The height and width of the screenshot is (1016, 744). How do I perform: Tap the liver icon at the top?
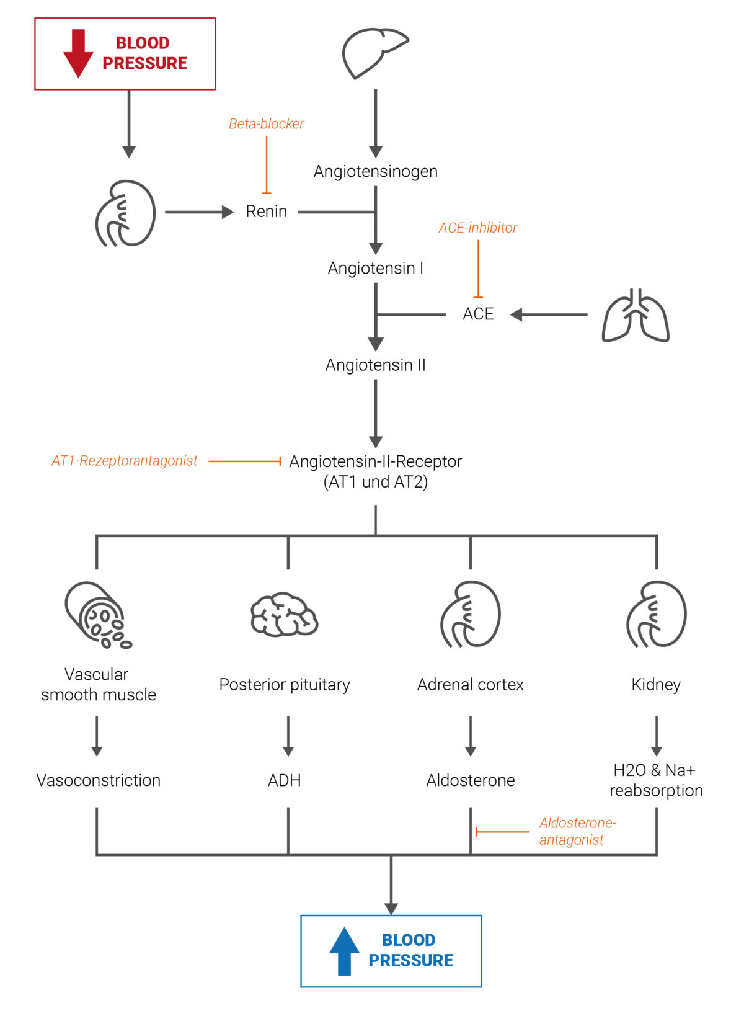pos(374,52)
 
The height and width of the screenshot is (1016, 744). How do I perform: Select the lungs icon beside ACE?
pos(635,316)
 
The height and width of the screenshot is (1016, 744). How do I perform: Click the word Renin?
pos(266,212)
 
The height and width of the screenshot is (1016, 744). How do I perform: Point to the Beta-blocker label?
pos(266,124)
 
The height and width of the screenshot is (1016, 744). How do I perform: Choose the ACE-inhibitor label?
pos(477,228)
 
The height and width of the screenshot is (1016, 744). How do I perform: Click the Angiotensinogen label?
pos(375,171)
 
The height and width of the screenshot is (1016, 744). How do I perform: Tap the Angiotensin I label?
pos(375,268)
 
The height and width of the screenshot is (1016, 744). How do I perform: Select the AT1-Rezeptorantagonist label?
pos(125,461)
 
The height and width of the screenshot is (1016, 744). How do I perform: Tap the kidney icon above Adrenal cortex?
pos(471,614)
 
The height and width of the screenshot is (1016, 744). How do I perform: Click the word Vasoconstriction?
pos(98,780)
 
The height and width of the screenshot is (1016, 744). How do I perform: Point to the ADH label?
pos(284,780)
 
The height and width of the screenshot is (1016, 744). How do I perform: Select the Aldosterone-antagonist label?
pos(577,831)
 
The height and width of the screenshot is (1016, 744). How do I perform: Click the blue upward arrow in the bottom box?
pos(344,951)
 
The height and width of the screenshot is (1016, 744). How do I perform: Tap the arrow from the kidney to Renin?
pos(198,212)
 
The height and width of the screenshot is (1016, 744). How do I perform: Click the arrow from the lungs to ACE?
pos(548,314)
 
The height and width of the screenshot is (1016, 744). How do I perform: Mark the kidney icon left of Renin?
pos(125,213)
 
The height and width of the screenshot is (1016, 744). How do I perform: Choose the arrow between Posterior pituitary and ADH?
pos(288,736)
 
